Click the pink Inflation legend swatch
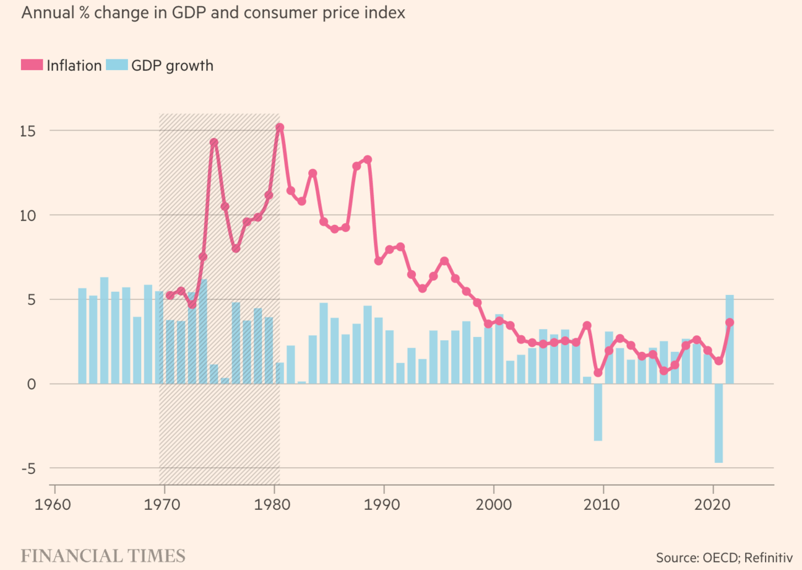(32, 65)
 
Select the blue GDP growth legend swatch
(117, 65)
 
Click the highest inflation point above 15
(280, 127)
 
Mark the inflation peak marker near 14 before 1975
(213, 142)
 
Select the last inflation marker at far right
(730, 322)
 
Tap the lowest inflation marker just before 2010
(598, 372)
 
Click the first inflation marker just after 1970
(170, 295)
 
